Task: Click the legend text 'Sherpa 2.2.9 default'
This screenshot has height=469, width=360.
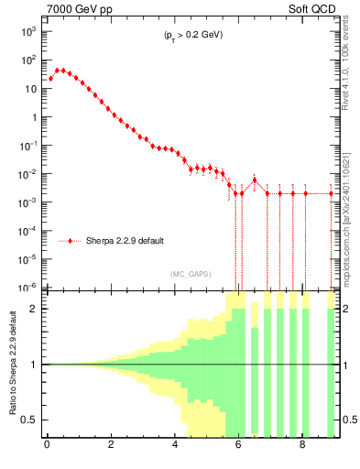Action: [x=125, y=241]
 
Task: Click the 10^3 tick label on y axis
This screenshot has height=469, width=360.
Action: [x=28, y=31]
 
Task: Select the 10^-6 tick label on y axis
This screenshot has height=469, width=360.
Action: [x=28, y=287]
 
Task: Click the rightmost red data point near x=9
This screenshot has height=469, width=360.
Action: [x=332, y=193]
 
